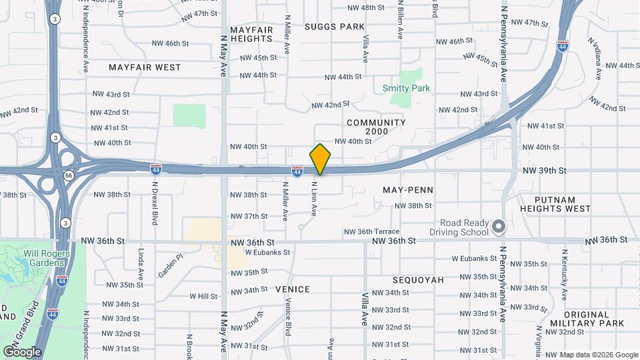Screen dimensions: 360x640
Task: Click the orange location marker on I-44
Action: tap(320, 159)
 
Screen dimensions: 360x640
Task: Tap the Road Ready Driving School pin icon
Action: tap(498, 228)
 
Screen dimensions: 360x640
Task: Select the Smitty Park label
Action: tap(406, 88)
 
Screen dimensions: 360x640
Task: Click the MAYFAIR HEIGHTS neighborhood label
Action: tap(251, 35)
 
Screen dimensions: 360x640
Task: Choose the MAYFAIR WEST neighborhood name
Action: tap(145, 67)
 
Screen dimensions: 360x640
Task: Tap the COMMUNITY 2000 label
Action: tap(376, 127)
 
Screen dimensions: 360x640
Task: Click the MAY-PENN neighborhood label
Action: tap(408, 190)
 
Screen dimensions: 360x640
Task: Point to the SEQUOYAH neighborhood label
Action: tap(418, 280)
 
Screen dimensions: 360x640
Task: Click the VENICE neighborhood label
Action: tap(293, 289)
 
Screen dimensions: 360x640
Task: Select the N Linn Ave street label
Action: tap(313, 199)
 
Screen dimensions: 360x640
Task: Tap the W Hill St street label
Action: tap(203, 296)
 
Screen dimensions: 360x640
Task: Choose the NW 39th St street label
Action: tap(545, 171)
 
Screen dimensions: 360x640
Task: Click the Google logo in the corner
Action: tap(22, 351)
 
